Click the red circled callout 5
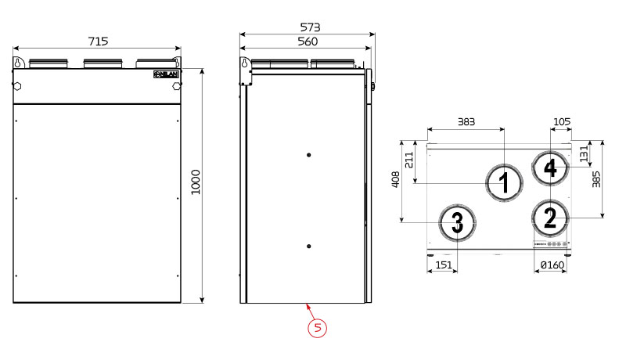click(317, 328)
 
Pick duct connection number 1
click(505, 183)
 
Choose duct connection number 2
click(551, 218)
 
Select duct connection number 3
click(457, 223)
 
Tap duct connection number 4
click(551, 167)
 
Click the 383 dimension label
click(466, 121)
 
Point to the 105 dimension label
click(561, 121)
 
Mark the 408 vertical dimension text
click(396, 181)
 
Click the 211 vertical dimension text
click(409, 160)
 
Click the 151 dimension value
click(444, 266)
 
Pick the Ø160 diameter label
click(552, 266)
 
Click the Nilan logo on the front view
click(167, 74)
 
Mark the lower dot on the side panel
click(310, 247)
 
